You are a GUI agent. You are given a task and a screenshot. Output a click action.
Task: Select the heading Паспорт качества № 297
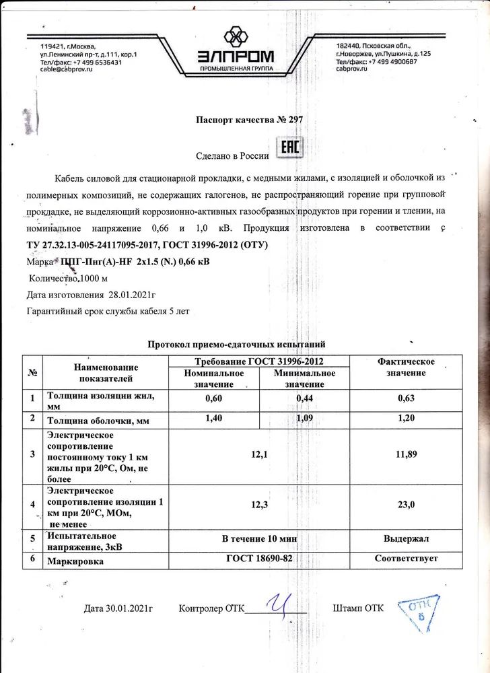point(250,120)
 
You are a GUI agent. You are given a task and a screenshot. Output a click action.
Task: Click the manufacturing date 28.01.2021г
point(131,294)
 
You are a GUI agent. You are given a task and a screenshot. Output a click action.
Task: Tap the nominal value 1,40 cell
point(213,418)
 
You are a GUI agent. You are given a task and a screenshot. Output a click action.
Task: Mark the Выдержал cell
point(407,539)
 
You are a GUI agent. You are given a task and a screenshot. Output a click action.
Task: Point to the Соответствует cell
point(407,559)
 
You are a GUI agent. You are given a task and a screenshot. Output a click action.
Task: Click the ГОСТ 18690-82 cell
point(259,559)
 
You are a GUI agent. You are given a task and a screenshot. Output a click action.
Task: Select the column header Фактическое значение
point(407,367)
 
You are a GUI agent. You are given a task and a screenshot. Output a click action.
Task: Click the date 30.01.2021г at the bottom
point(119,609)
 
